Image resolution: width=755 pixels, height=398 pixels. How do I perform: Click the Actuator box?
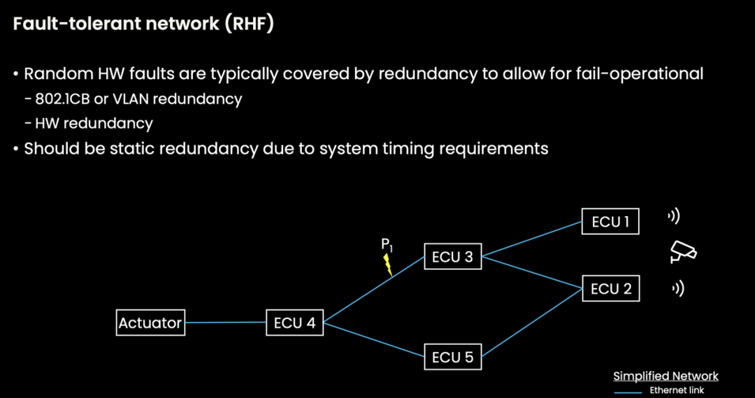(150, 323)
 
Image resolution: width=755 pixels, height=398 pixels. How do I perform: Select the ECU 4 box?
(294, 323)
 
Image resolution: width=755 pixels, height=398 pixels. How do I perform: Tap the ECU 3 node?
(452, 257)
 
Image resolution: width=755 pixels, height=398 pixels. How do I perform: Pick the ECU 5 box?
(452, 357)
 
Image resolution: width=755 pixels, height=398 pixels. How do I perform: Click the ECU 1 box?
(610, 222)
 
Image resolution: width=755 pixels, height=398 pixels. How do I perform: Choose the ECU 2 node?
(610, 288)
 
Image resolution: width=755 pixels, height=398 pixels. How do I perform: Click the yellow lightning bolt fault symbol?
(387, 264)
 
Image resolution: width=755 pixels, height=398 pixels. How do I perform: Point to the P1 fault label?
(386, 245)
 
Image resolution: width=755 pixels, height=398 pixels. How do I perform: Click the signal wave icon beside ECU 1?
(674, 217)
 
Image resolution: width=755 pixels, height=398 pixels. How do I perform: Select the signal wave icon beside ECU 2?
(677, 287)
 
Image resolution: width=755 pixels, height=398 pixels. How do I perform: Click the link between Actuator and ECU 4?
(225, 323)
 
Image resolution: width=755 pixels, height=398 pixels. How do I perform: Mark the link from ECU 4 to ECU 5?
(374, 341)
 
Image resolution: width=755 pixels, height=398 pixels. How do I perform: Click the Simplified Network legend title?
(666, 376)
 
